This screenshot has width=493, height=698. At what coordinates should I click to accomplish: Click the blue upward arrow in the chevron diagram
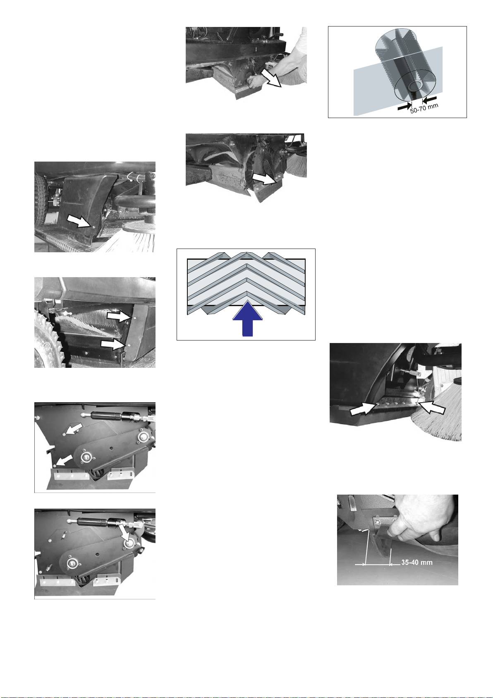(x=248, y=319)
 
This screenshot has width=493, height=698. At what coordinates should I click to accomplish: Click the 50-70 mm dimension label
(x=424, y=108)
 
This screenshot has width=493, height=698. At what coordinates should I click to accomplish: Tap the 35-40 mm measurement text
(x=417, y=563)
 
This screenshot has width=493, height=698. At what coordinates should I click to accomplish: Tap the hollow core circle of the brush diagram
(x=416, y=85)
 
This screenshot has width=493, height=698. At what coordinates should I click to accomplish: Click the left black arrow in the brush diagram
(x=404, y=107)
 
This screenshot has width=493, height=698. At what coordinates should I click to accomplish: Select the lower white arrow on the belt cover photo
(x=65, y=460)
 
